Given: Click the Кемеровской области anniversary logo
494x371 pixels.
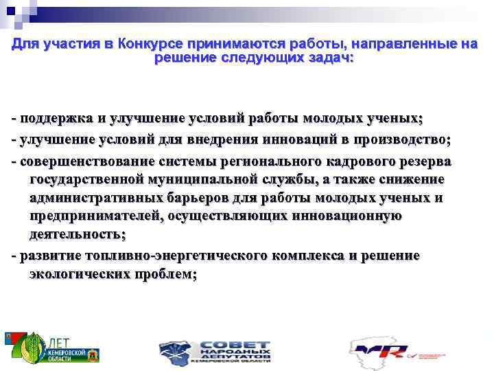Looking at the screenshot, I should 51,348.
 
